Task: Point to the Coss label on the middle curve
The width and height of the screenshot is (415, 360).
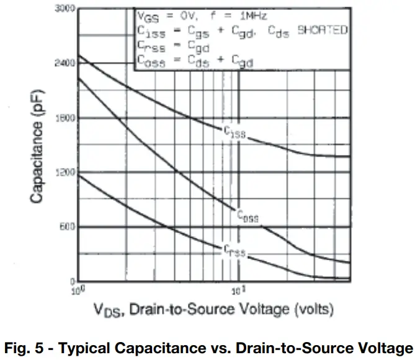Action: [x=248, y=217]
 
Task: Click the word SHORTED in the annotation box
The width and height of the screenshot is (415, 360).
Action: [x=323, y=30]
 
